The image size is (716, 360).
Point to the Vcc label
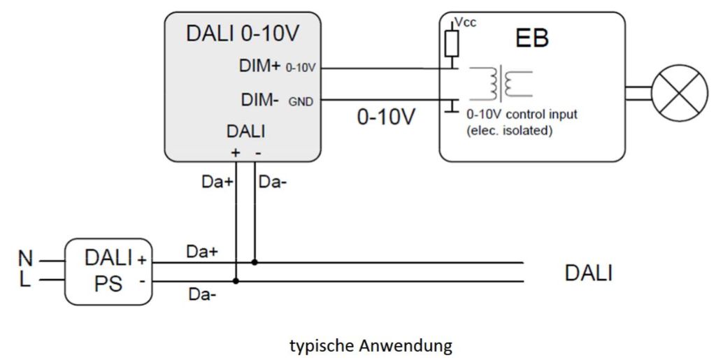(x=466, y=23)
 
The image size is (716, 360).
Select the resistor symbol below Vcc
(x=451, y=43)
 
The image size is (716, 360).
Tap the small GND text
(x=301, y=102)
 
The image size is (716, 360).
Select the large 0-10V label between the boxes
(x=386, y=117)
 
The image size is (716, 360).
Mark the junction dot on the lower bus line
(x=237, y=281)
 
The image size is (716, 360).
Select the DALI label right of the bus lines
(x=588, y=273)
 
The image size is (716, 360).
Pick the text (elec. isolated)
(x=509, y=129)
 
